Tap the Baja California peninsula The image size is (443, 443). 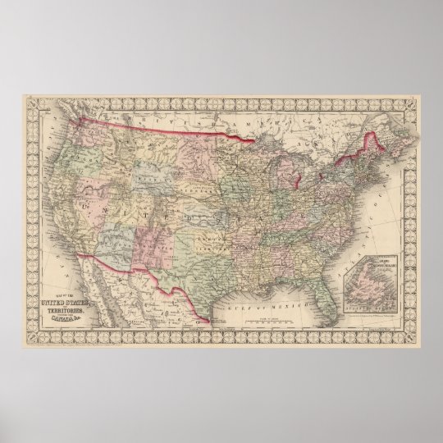(x=110, y=283)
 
